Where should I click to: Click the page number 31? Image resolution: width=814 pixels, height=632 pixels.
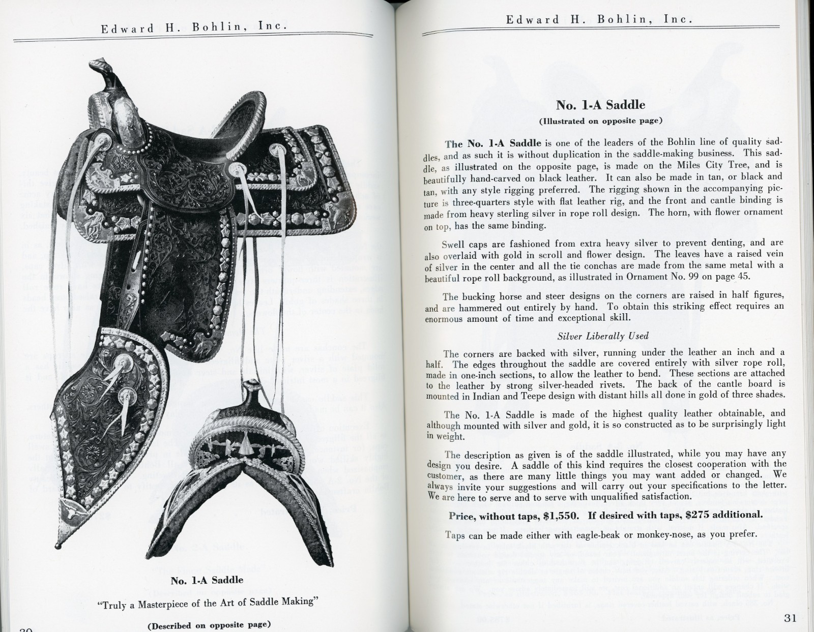[x=790, y=618]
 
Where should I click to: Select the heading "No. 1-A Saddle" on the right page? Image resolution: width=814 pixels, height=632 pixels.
[x=600, y=105]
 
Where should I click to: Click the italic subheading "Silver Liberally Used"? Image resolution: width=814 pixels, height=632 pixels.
[x=603, y=336]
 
